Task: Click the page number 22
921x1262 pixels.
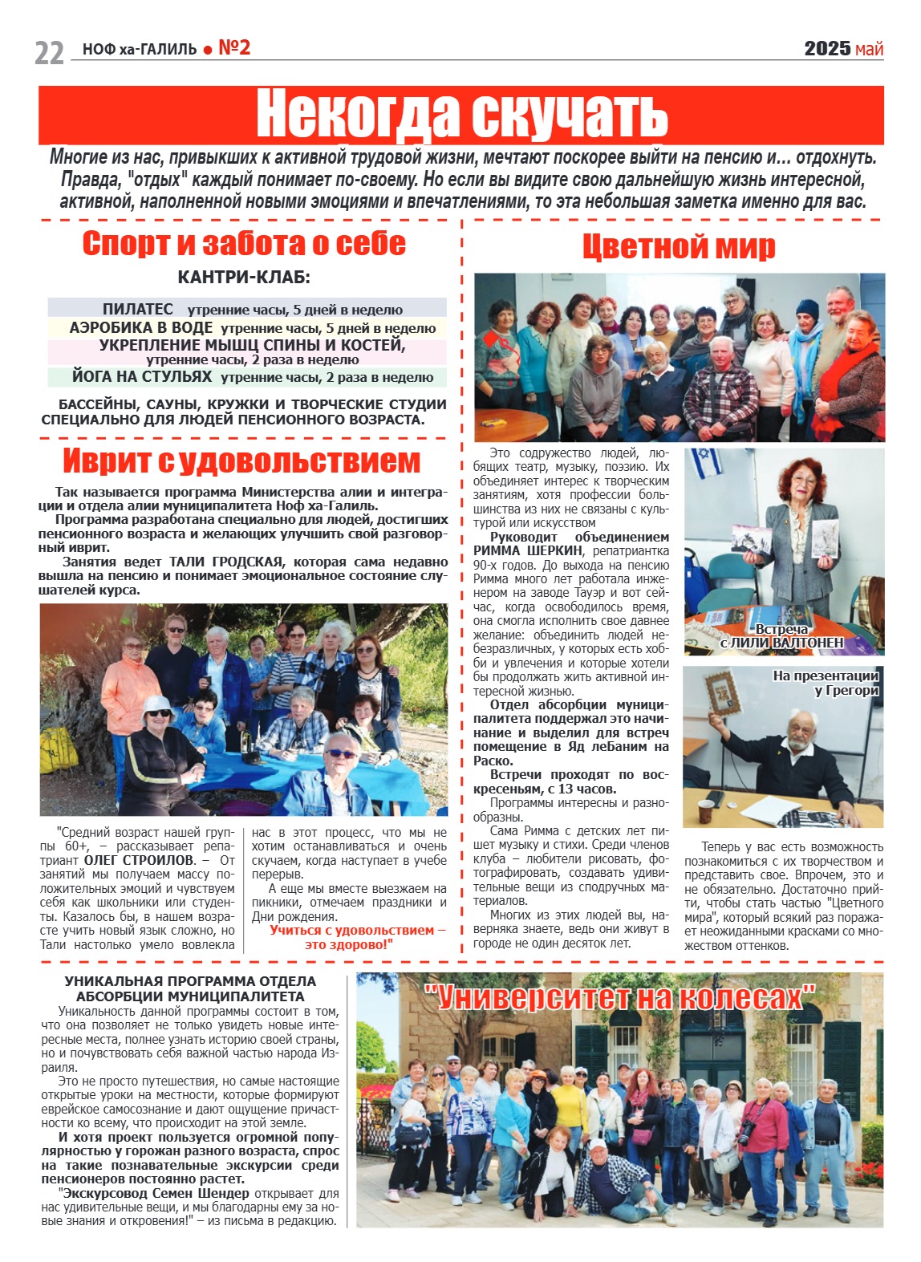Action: (49, 52)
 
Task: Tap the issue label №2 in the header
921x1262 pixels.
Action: (234, 48)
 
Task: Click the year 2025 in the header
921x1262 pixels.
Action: (827, 49)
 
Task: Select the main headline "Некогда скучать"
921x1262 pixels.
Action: (461, 115)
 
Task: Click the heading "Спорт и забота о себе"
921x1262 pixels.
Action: (244, 244)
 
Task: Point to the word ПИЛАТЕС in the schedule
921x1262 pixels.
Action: (138, 309)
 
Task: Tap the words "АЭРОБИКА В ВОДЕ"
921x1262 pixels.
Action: (141, 327)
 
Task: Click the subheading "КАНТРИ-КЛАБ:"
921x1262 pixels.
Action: (244, 278)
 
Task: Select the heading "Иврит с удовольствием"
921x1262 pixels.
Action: (241, 461)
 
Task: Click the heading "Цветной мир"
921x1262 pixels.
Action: (679, 247)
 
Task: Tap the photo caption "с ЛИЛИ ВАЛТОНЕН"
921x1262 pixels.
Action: (781, 643)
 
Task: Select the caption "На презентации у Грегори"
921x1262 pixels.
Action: (826, 683)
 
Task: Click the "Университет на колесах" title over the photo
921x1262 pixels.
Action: (619, 997)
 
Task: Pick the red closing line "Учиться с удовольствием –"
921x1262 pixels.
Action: (357, 930)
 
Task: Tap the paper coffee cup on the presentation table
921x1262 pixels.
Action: (706, 810)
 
